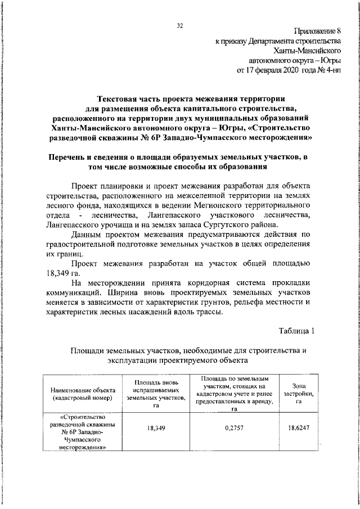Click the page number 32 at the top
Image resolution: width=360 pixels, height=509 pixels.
180,26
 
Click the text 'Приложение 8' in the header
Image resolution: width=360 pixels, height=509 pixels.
317,30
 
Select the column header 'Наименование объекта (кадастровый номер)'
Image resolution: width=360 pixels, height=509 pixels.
83,394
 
